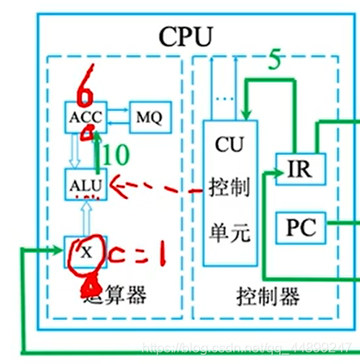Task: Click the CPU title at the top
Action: click(185, 37)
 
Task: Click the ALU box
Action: click(83, 184)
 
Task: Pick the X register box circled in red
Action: click(83, 252)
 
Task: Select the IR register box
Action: click(297, 169)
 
